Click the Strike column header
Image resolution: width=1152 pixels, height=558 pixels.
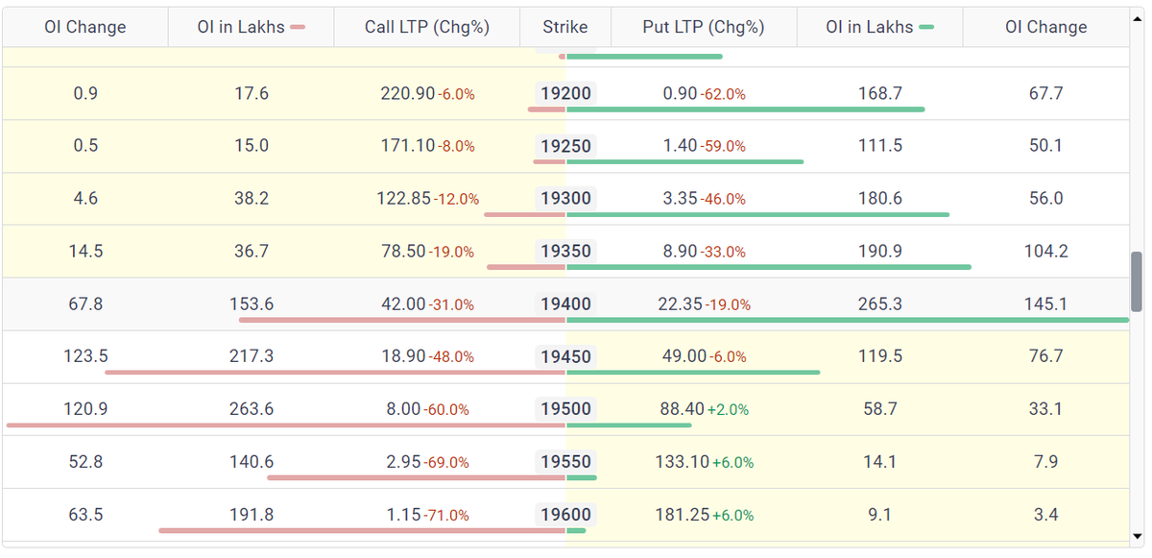click(x=564, y=27)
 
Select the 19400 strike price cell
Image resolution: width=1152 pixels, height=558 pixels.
click(x=565, y=304)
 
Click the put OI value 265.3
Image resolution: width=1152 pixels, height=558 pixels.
click(x=879, y=304)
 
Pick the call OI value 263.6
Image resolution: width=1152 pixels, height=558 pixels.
click(x=252, y=409)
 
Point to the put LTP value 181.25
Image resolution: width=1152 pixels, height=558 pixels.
click(x=682, y=515)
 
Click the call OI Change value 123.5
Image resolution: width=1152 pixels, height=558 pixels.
click(x=85, y=356)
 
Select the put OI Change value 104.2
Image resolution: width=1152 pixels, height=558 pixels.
click(x=1046, y=252)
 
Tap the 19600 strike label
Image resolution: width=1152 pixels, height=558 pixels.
click(x=565, y=515)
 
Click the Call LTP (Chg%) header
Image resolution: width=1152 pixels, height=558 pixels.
click(x=427, y=27)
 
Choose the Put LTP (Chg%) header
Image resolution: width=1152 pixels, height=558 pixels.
click(x=704, y=27)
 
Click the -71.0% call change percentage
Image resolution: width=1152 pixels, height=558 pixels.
click(x=447, y=516)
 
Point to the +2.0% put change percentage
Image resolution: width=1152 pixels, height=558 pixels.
click(x=728, y=410)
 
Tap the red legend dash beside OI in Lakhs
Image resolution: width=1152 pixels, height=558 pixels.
click(x=298, y=28)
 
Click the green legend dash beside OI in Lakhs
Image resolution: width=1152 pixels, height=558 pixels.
click(x=926, y=28)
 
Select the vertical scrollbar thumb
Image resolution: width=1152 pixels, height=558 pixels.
click(x=1138, y=281)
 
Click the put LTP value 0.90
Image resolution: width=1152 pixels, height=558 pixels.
click(x=680, y=94)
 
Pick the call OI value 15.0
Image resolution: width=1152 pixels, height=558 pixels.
click(x=252, y=146)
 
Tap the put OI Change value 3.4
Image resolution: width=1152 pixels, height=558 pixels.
click(x=1046, y=515)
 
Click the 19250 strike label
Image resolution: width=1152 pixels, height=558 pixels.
click(x=565, y=146)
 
